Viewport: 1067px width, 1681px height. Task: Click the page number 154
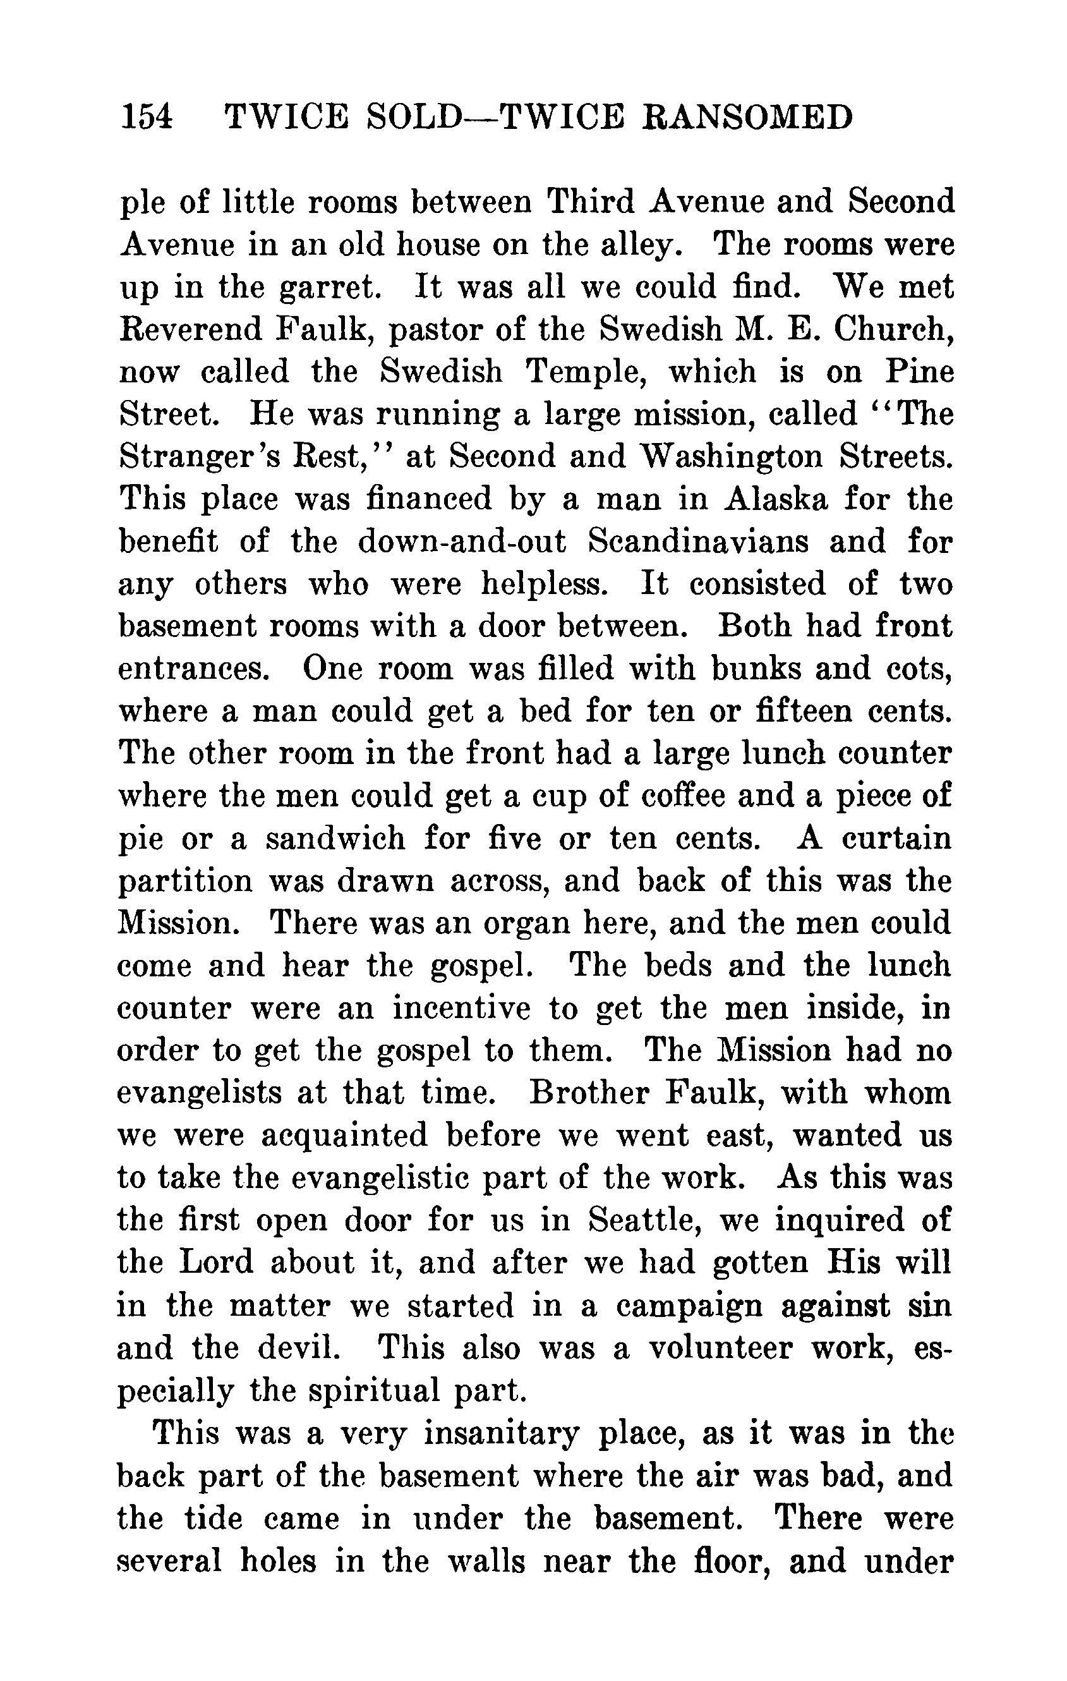[x=147, y=116]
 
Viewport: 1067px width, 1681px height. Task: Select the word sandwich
[x=335, y=839]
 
